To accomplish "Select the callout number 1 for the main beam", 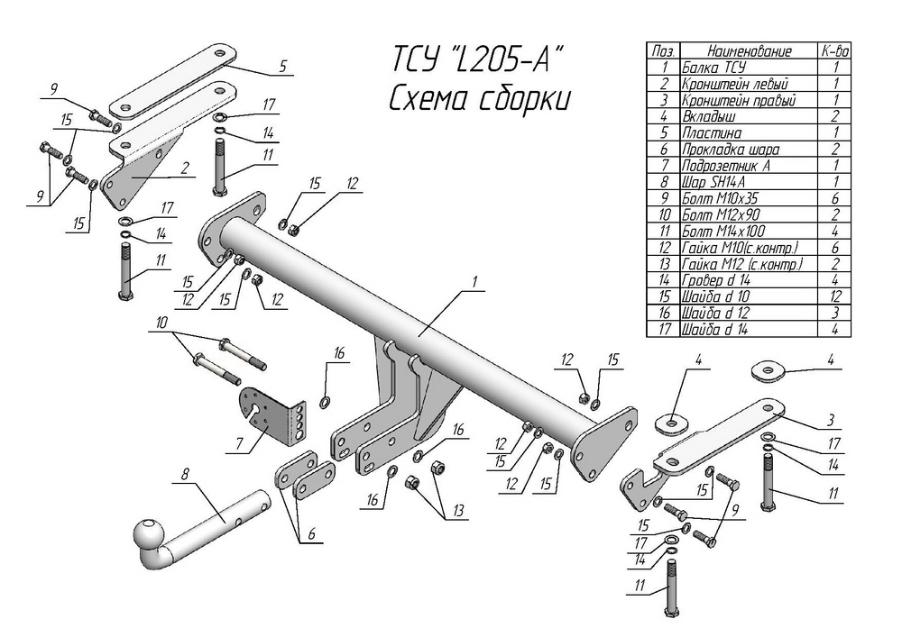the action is tap(475, 281).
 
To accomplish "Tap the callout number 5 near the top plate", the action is tap(282, 66).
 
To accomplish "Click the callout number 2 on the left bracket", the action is tap(184, 168).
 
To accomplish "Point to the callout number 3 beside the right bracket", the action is tap(831, 421).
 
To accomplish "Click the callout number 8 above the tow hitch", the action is tap(184, 475).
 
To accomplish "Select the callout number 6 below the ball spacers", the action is tap(311, 533).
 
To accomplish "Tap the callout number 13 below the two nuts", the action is tap(458, 511).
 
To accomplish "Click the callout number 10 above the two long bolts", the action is tap(161, 323).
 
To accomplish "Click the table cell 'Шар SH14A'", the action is tap(713, 182).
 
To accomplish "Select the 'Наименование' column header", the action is tap(749, 50).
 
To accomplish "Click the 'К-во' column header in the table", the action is tap(834, 50).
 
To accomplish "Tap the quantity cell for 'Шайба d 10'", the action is tap(835, 296).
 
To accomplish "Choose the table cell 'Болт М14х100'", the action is tap(723, 231).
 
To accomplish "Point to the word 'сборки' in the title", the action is tap(525, 99).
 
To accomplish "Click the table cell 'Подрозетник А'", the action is tap(726, 166).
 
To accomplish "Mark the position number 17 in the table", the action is tap(665, 329).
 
